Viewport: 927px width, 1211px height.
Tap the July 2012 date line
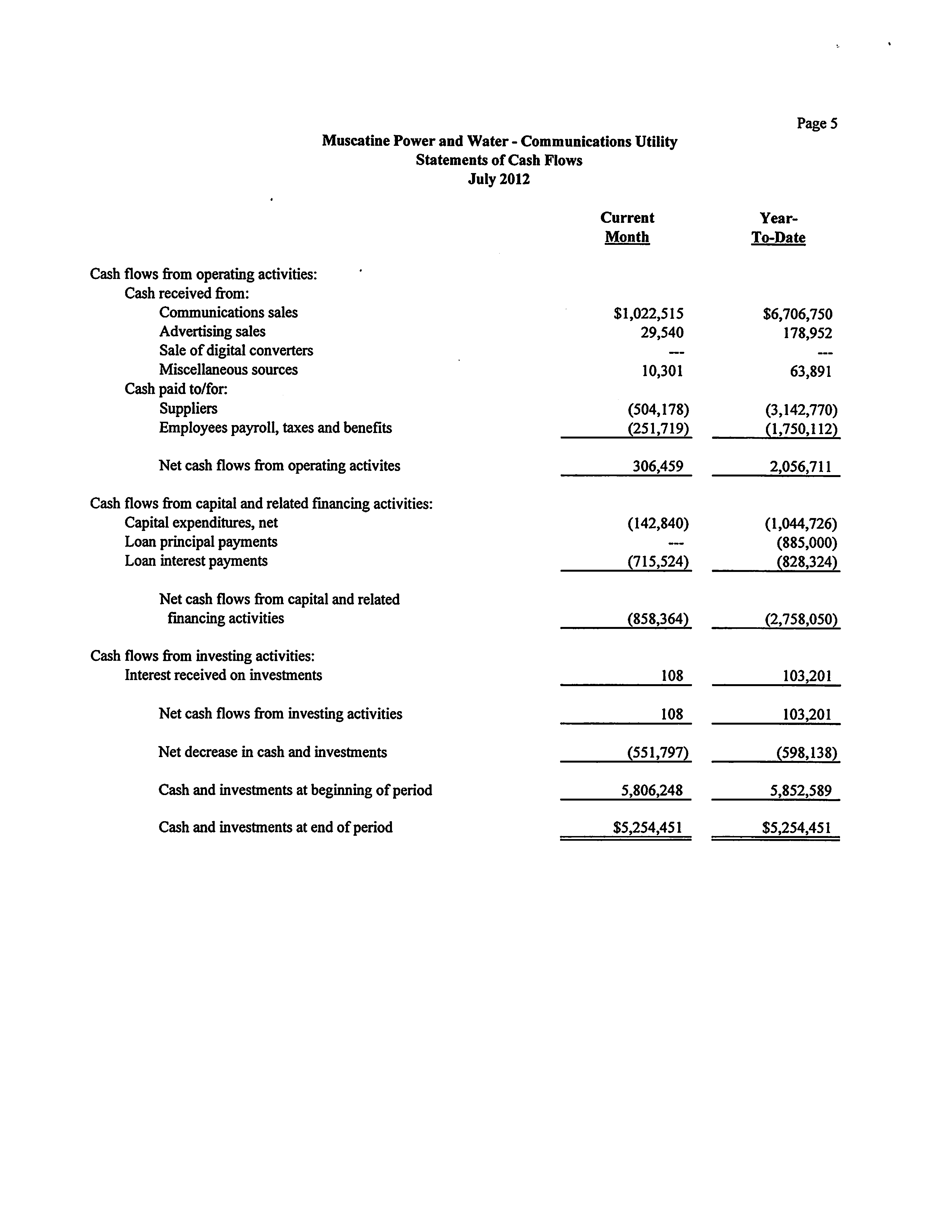click(x=499, y=179)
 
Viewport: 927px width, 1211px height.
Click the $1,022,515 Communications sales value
click(x=648, y=314)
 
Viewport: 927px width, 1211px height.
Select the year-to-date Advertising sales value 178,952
click(x=807, y=333)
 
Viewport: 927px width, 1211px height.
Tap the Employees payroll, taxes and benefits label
click(x=275, y=428)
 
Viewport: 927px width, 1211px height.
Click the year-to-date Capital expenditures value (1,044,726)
click(x=801, y=523)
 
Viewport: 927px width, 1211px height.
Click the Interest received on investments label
click(x=223, y=675)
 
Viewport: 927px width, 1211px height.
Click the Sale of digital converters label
click(x=236, y=351)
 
